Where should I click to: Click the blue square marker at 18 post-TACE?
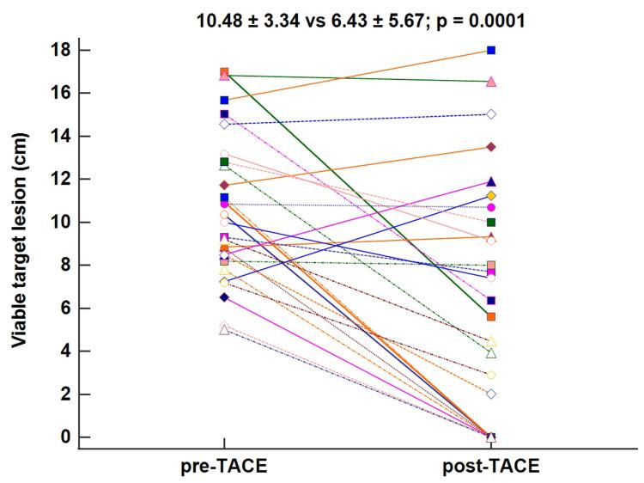(491, 50)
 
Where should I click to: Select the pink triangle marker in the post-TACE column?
(491, 82)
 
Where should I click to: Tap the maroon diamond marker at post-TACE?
(491, 147)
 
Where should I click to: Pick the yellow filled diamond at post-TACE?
(491, 196)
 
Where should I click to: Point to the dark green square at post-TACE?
(491, 222)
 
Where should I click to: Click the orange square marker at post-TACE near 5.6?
(491, 317)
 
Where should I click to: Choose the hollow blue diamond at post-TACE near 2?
(491, 394)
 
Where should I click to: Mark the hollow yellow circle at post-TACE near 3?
(491, 375)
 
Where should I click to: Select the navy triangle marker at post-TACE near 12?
(491, 181)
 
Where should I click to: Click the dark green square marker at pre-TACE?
(224, 162)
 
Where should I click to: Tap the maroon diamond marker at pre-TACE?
(224, 185)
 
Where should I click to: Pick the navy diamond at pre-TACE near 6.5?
(224, 297)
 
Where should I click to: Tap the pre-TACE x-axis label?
(224, 466)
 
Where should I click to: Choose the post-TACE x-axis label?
(491, 466)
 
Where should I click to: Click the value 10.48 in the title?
(221, 18)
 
